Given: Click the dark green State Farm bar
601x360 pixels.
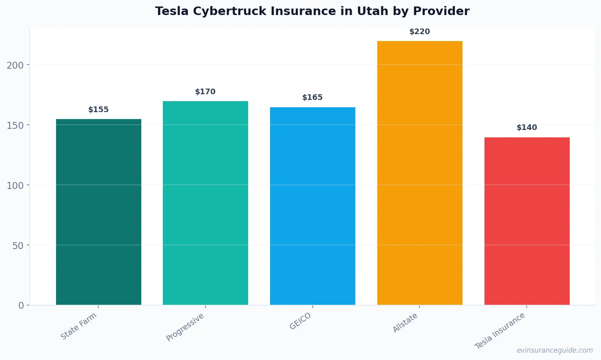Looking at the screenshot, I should click(x=98, y=212).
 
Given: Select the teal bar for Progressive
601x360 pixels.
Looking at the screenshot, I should click(x=205, y=203).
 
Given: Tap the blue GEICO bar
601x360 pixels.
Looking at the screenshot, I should click(x=312, y=206).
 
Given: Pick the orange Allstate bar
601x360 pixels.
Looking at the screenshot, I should click(x=419, y=173).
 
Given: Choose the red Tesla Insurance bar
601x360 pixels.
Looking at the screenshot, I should click(x=527, y=221).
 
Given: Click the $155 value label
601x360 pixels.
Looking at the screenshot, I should click(x=98, y=110).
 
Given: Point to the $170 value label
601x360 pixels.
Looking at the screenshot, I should click(x=205, y=92).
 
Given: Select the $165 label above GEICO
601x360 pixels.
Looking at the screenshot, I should click(x=312, y=98).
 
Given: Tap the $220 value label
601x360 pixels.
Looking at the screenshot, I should click(x=419, y=32).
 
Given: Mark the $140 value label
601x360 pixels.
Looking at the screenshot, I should click(x=527, y=128).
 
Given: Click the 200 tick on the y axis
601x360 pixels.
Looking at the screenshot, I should click(x=15, y=65).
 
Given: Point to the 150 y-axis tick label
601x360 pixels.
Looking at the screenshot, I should click(x=15, y=125).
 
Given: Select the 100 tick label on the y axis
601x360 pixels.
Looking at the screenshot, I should click(x=15, y=185).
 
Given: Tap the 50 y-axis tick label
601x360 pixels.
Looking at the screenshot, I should click(x=18, y=245).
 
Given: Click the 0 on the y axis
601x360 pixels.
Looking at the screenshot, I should click(x=21, y=306).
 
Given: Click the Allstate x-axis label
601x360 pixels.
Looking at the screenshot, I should click(x=405, y=323).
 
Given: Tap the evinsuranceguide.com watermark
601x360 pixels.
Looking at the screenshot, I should click(x=554, y=350).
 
